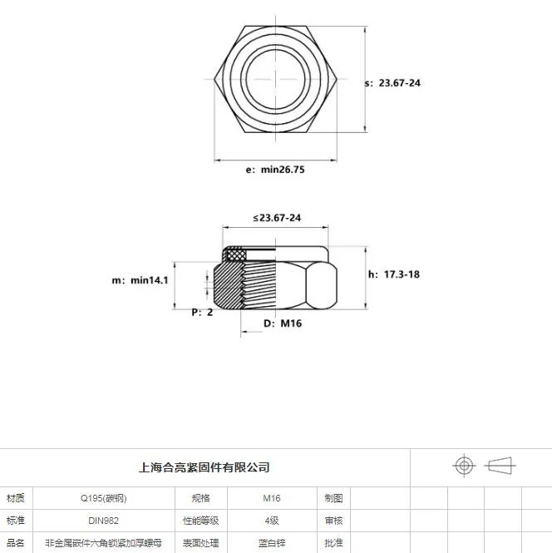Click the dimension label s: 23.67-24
pos(392,83)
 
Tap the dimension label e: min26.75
pos(275,170)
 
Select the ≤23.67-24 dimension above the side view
pos(277,218)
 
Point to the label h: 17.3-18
pos(394,274)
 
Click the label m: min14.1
pos(140,280)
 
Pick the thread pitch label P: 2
pos(202,312)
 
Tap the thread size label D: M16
pos(283,323)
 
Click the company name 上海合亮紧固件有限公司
pos(205,467)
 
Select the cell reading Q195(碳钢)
pos(104,498)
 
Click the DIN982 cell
pos(104,521)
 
